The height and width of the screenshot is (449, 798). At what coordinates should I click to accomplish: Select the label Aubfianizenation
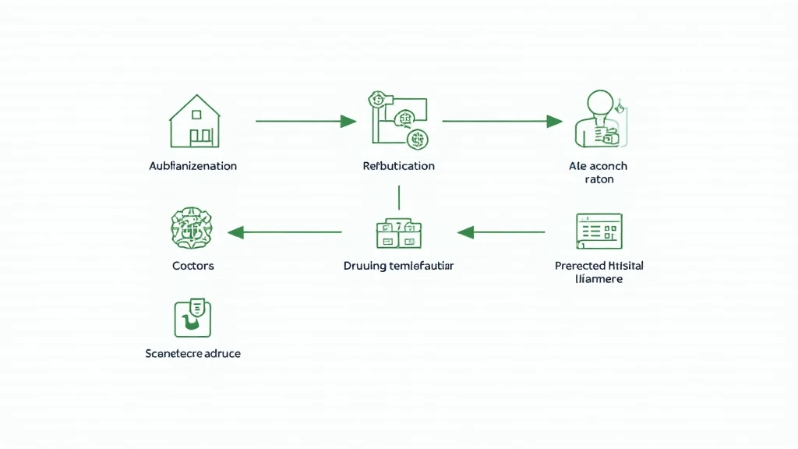(x=192, y=166)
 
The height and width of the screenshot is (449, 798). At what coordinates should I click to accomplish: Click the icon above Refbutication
(x=398, y=121)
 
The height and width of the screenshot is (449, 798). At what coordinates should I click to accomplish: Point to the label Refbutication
(x=398, y=166)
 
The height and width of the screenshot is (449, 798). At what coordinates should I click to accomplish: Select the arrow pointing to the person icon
(x=502, y=121)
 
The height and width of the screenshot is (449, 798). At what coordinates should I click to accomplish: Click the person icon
(x=598, y=119)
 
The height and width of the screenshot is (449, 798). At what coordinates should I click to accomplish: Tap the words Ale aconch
(x=598, y=166)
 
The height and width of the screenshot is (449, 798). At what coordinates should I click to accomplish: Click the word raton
(x=598, y=179)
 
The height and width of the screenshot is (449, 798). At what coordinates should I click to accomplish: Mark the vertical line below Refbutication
(x=399, y=197)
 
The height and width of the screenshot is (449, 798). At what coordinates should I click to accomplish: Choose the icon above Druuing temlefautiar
(x=398, y=232)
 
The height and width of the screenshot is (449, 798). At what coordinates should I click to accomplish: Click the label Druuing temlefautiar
(x=398, y=266)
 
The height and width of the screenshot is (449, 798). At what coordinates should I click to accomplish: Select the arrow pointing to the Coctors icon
(x=284, y=232)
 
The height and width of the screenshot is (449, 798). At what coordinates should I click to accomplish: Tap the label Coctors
(x=192, y=266)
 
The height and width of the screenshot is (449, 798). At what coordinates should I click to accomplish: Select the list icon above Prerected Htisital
(x=598, y=232)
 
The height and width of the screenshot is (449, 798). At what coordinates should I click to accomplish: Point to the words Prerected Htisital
(x=598, y=266)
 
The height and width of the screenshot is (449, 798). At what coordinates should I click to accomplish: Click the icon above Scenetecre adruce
(x=192, y=317)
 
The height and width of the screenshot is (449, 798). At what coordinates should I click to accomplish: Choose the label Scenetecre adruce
(x=192, y=353)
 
